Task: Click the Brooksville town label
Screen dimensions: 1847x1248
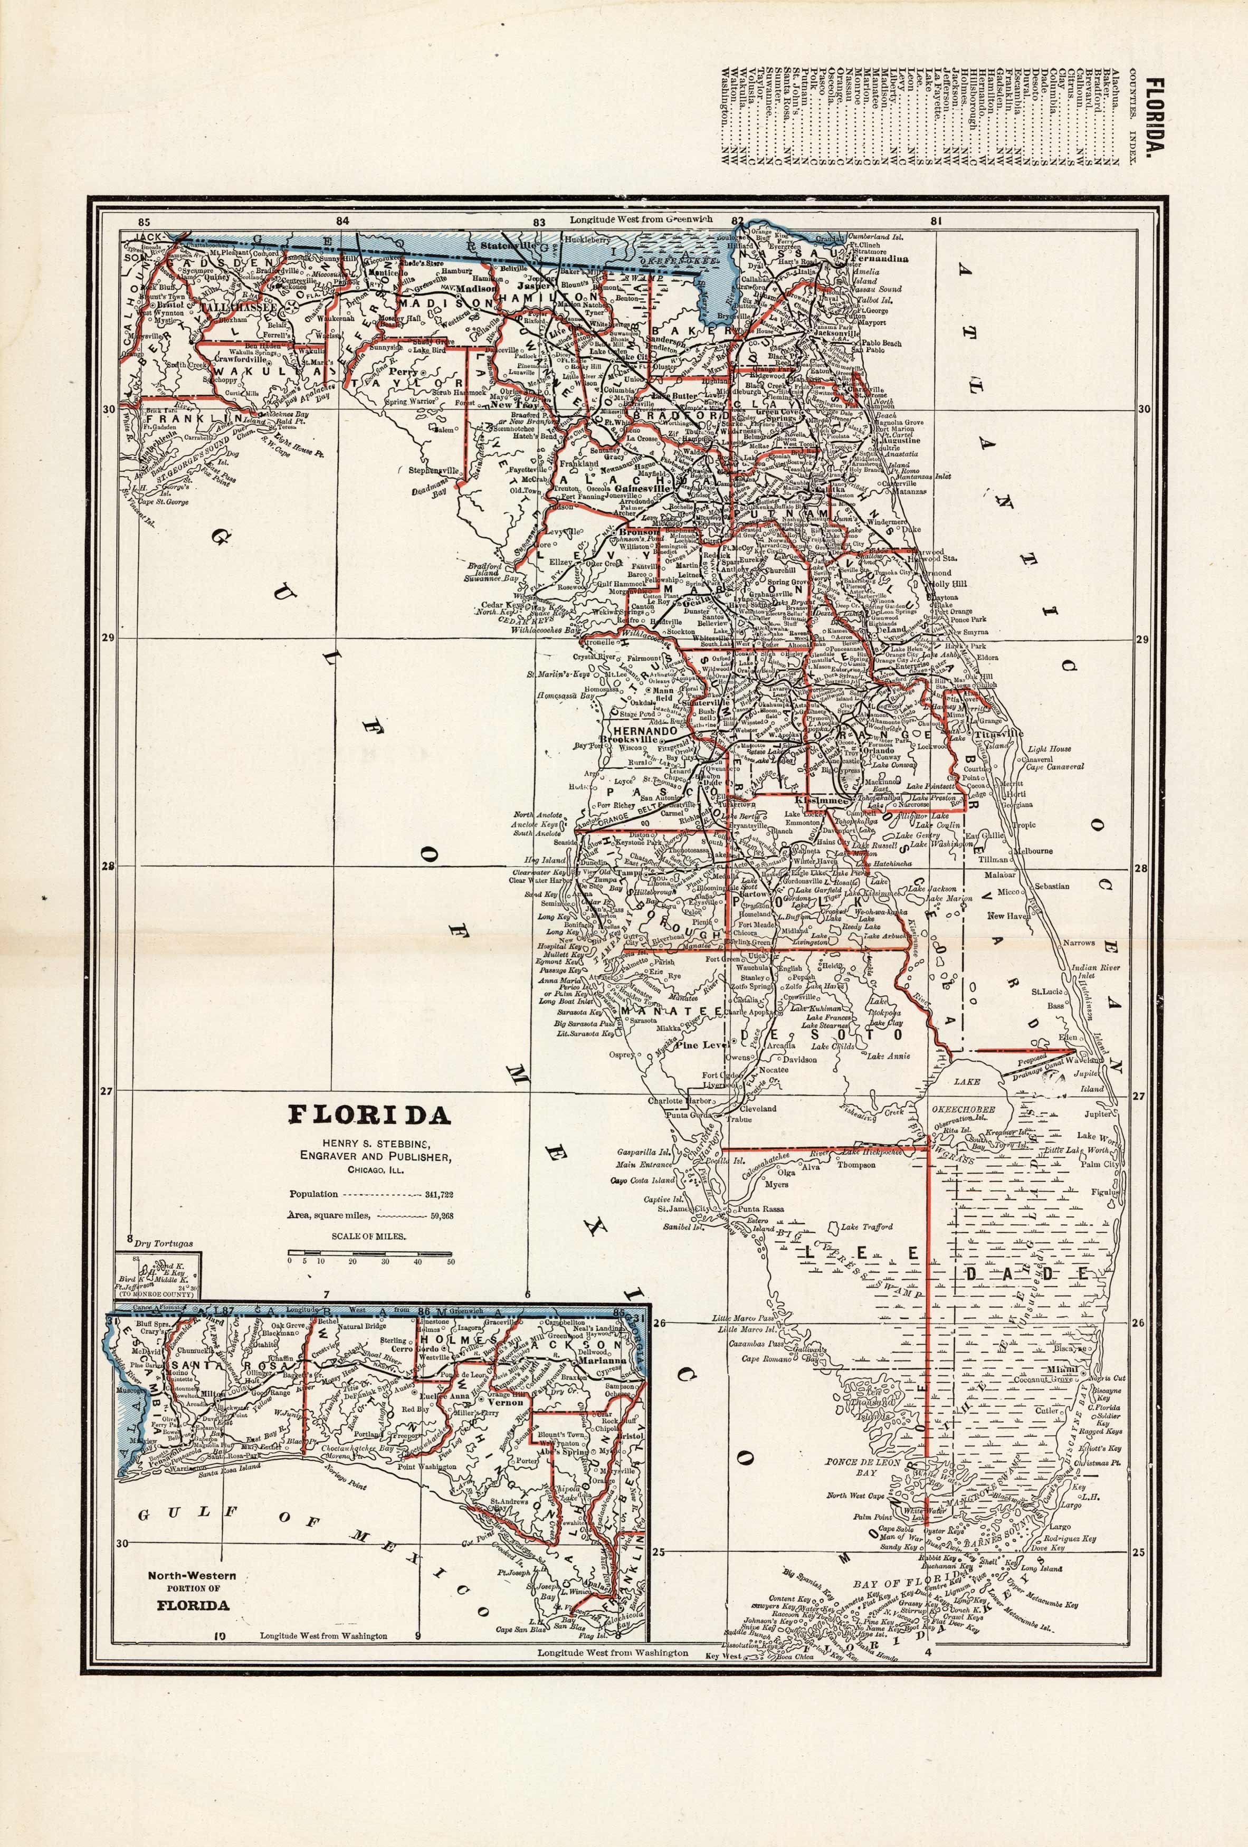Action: click(630, 739)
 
